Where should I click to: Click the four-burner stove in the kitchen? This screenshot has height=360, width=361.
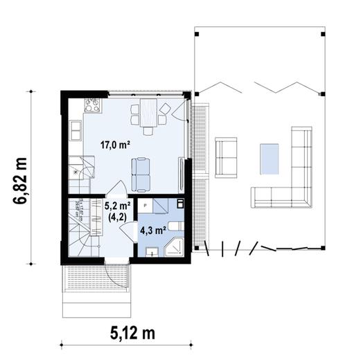tap(92, 105)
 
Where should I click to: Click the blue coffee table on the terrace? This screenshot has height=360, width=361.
tap(269, 159)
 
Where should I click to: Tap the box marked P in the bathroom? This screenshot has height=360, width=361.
tap(145, 205)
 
